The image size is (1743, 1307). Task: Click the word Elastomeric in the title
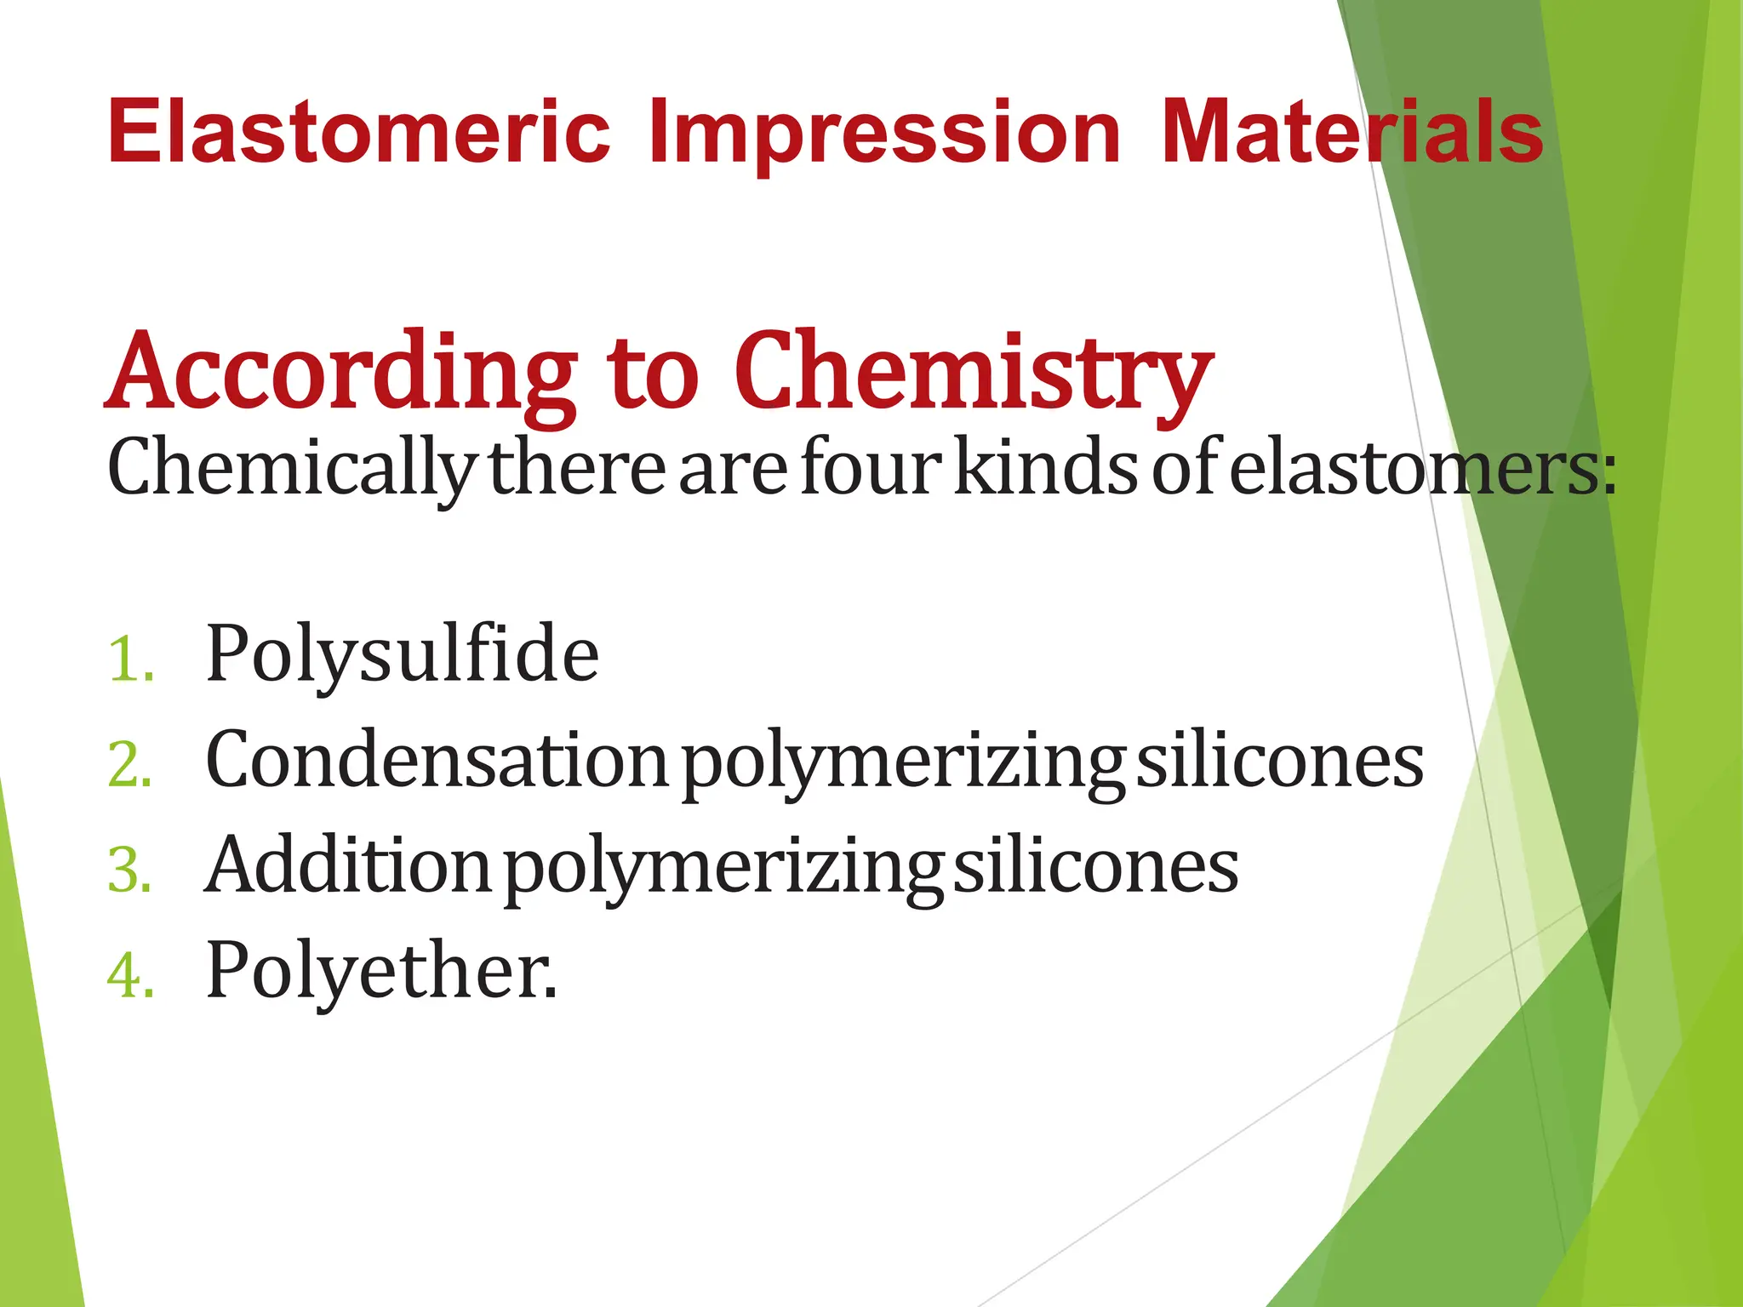click(358, 132)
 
